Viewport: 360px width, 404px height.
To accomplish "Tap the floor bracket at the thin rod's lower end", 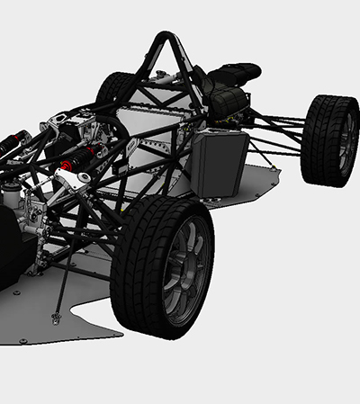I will pos(57,318).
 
